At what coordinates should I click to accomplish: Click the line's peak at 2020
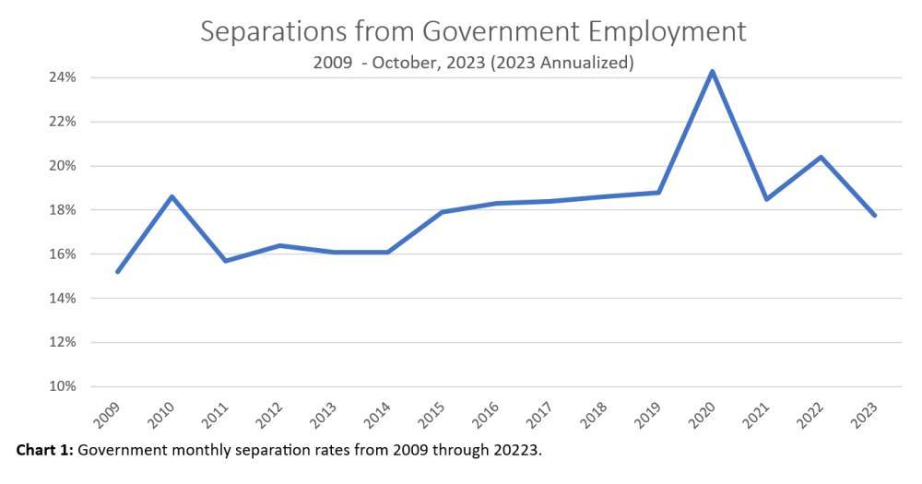pyautogui.click(x=712, y=71)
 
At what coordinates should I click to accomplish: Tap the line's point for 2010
pyautogui.click(x=171, y=196)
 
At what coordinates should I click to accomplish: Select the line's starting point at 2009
pyautogui.click(x=118, y=271)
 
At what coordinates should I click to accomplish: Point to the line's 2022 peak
pyautogui.click(x=820, y=157)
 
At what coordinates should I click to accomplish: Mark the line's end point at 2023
pyautogui.click(x=874, y=215)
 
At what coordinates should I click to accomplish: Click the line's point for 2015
pyautogui.click(x=442, y=212)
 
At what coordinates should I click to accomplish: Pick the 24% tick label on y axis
pyautogui.click(x=62, y=77)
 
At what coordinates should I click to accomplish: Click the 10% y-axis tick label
pyautogui.click(x=62, y=386)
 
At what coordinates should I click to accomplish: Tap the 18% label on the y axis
pyautogui.click(x=62, y=210)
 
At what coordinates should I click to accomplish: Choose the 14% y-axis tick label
pyautogui.click(x=62, y=299)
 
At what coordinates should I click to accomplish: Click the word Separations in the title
pyautogui.click(x=270, y=31)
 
